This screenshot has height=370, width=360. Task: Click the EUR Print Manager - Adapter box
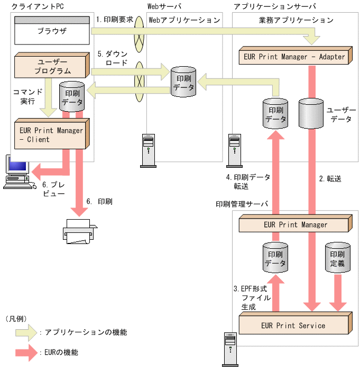pyautogui.click(x=294, y=57)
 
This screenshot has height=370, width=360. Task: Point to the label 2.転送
pyautogui.click(x=330, y=179)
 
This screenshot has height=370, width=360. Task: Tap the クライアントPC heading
pyautogui.click(x=34, y=6)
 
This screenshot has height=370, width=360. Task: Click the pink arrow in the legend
pyautogui.click(x=24, y=351)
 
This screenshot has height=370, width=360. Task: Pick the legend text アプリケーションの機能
pyautogui.click(x=85, y=332)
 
